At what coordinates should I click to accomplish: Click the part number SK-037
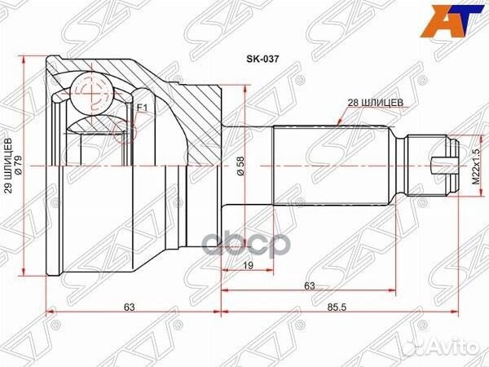pyautogui.click(x=258, y=60)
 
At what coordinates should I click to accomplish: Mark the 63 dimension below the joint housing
pyautogui.click(x=129, y=307)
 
